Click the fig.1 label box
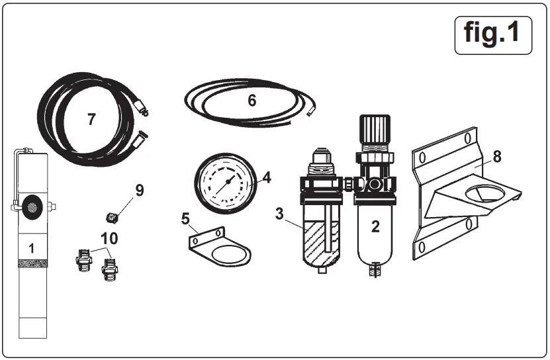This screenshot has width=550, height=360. pyautogui.click(x=493, y=34)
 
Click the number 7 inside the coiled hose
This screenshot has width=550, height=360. pyautogui.click(x=91, y=119)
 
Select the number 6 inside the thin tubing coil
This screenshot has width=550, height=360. pyautogui.click(x=252, y=101)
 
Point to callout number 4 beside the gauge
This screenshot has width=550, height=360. pyautogui.click(x=267, y=177)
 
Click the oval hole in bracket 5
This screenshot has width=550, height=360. pyautogui.click(x=230, y=253)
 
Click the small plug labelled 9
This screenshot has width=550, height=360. pyautogui.click(x=113, y=216)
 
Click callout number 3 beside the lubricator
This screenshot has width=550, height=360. pyautogui.click(x=279, y=214)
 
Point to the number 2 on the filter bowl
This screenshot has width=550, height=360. pyautogui.click(x=375, y=227)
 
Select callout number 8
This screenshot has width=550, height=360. pyautogui.click(x=496, y=157)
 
